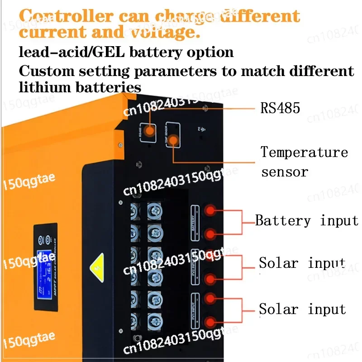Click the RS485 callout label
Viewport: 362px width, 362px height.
click(x=280, y=108)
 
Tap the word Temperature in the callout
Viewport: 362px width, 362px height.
click(x=304, y=152)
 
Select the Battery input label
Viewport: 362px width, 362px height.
click(x=307, y=221)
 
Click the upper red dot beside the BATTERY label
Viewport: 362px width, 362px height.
click(x=209, y=210)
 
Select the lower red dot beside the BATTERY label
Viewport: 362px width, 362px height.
click(x=209, y=234)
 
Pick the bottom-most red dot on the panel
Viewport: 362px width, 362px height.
click(x=209, y=322)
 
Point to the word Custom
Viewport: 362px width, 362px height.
click(x=44, y=71)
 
